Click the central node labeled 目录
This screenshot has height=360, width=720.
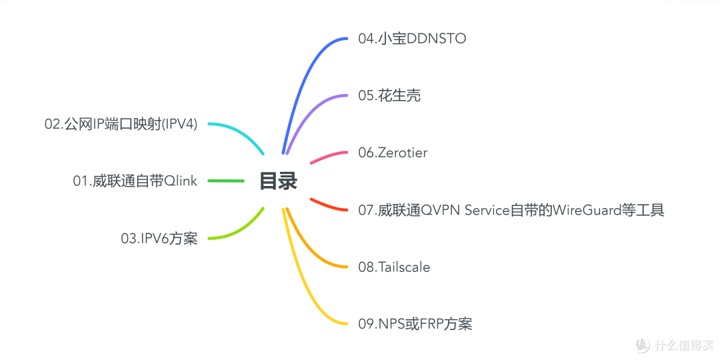[278, 181]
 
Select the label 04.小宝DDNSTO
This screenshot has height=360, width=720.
[411, 39]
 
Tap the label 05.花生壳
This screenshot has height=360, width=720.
[389, 96]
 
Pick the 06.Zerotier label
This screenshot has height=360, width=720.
[393, 153]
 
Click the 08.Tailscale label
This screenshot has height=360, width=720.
[394, 267]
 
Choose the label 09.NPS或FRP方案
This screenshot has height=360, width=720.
[415, 325]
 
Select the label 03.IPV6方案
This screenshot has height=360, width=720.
[159, 239]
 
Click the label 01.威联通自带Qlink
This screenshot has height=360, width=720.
[135, 181]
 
